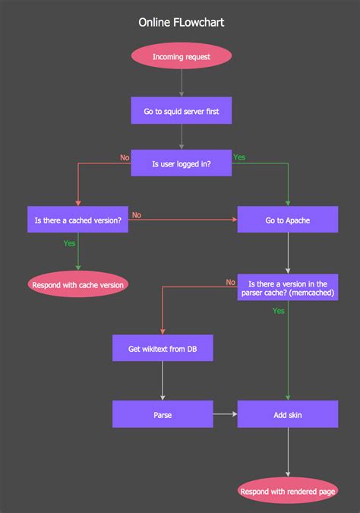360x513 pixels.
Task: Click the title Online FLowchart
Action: (181, 23)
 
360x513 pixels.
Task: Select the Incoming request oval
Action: (181, 56)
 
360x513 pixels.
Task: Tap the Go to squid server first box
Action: (181, 110)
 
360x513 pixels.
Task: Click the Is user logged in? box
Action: (181, 163)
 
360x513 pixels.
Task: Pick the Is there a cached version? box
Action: (77, 220)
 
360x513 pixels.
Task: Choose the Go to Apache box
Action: (287, 220)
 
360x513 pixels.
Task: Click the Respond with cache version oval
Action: (77, 284)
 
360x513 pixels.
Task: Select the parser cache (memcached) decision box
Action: (287, 287)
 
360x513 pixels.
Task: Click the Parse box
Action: (163, 414)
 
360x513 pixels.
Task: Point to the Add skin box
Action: (287, 414)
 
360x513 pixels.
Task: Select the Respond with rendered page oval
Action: (287, 491)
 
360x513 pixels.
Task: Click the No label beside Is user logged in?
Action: (125, 157)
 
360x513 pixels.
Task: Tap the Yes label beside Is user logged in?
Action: (239, 157)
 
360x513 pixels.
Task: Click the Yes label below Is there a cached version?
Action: (69, 244)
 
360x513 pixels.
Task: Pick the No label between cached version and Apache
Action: (137, 215)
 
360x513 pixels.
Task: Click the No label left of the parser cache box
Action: (230, 282)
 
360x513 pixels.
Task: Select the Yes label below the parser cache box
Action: (279, 311)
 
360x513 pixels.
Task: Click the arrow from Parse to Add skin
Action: (225, 414)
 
